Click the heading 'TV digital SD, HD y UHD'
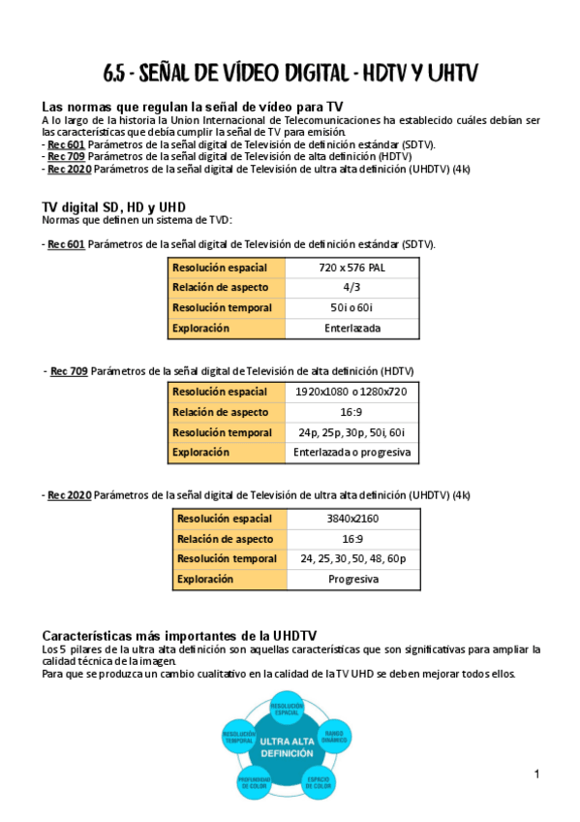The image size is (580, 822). [113, 207]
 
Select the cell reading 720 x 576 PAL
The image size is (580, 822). [352, 267]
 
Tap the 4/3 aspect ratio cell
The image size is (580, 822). [352, 287]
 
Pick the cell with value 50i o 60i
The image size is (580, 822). [352, 307]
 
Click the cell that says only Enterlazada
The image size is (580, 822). [352, 328]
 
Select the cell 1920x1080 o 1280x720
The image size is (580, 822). [351, 392]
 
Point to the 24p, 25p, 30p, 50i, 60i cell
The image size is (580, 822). [351, 432]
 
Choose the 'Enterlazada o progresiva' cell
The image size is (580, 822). [351, 452]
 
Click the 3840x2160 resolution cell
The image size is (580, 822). [352, 519]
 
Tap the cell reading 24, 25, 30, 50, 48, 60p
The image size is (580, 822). [352, 558]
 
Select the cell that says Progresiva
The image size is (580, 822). [352, 579]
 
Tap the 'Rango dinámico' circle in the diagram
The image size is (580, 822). [334, 737]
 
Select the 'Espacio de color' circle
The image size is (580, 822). [320, 783]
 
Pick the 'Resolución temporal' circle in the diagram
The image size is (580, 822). [239, 738]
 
